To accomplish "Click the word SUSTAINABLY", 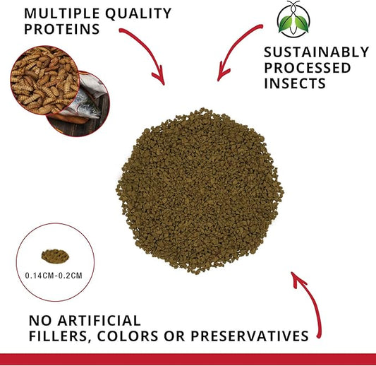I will (315, 52).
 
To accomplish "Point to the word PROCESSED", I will (307, 67).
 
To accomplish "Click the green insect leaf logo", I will (288, 19).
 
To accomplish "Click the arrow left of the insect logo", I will (232, 53).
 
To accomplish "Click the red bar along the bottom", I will (188, 359).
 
